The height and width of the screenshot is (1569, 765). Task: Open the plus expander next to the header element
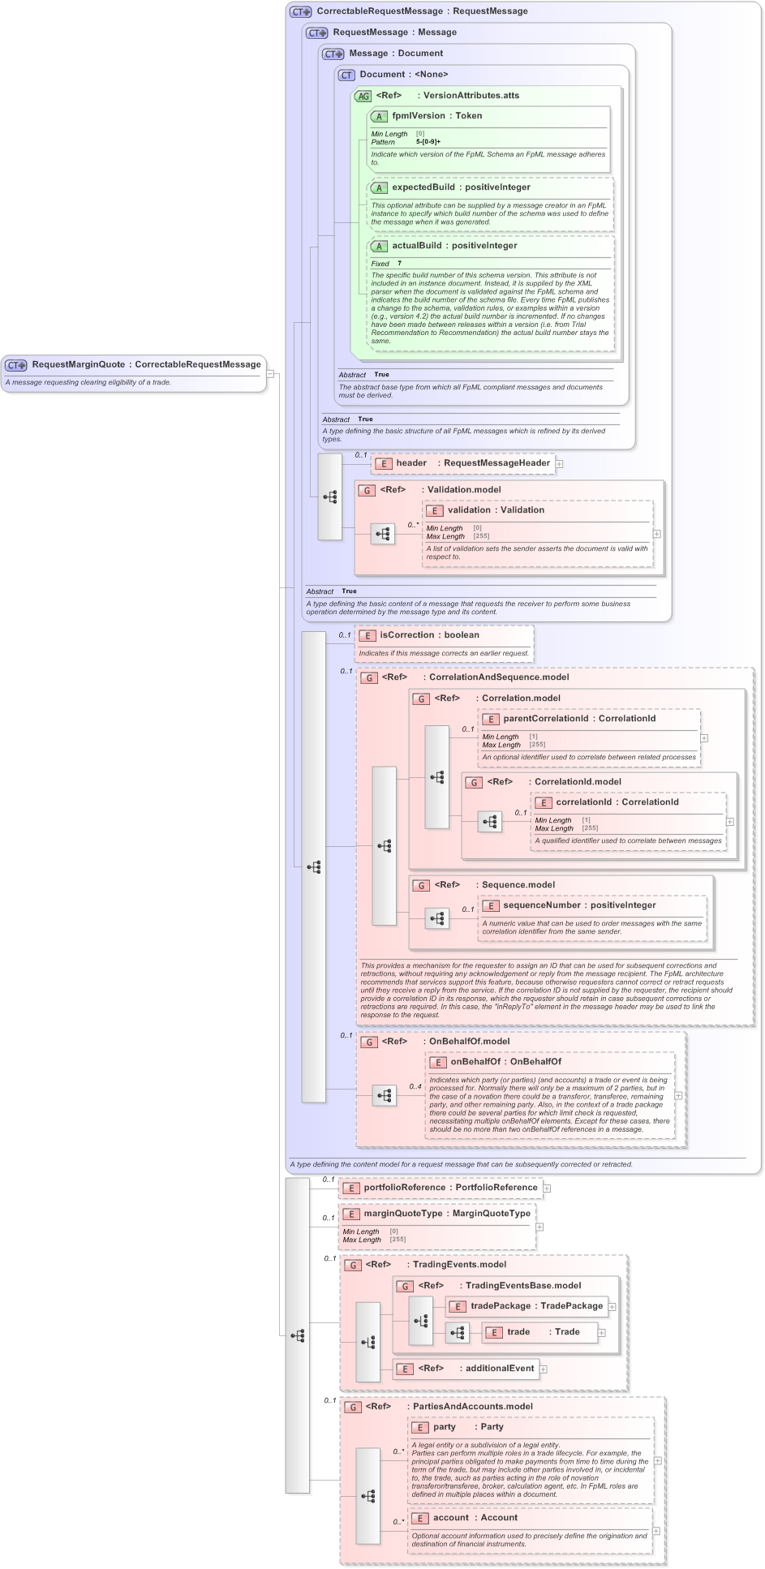point(560,464)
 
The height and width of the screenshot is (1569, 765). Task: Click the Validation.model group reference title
point(463,490)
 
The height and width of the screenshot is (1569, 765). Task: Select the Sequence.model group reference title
point(518,885)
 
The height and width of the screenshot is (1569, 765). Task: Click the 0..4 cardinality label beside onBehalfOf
point(415,1086)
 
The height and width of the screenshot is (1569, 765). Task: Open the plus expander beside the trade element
point(602,1332)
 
